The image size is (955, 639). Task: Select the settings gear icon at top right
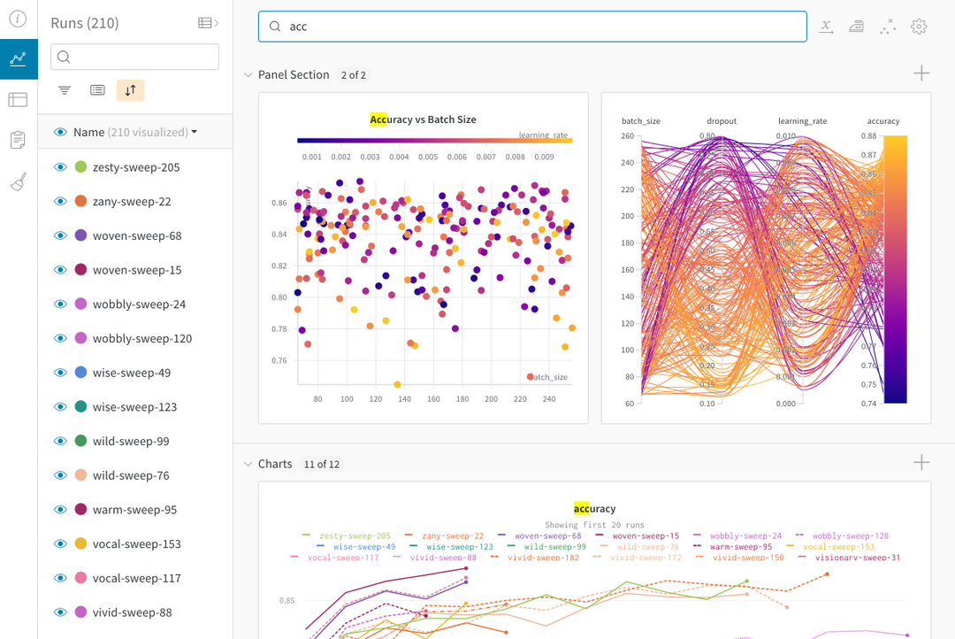coord(919,27)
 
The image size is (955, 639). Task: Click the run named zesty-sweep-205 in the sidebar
coord(136,167)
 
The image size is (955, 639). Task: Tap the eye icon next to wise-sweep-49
coord(61,373)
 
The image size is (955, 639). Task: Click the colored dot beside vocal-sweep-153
coord(80,543)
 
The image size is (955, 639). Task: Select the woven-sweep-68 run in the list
coord(137,235)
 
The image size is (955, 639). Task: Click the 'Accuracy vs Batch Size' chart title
coord(423,119)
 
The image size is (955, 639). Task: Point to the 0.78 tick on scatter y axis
coord(279,329)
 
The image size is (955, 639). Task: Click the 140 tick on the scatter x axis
coord(404,399)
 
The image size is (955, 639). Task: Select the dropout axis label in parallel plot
coord(722,121)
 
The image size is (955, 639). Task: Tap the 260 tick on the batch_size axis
coord(628,136)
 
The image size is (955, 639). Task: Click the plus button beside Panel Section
coord(921,74)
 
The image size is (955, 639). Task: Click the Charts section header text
coord(275,464)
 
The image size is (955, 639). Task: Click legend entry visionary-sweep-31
coord(858,558)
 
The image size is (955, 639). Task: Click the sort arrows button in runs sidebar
coord(130,90)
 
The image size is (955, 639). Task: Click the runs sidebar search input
coord(134,58)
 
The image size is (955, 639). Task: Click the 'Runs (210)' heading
coord(85,23)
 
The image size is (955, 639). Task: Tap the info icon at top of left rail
coord(18,19)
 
